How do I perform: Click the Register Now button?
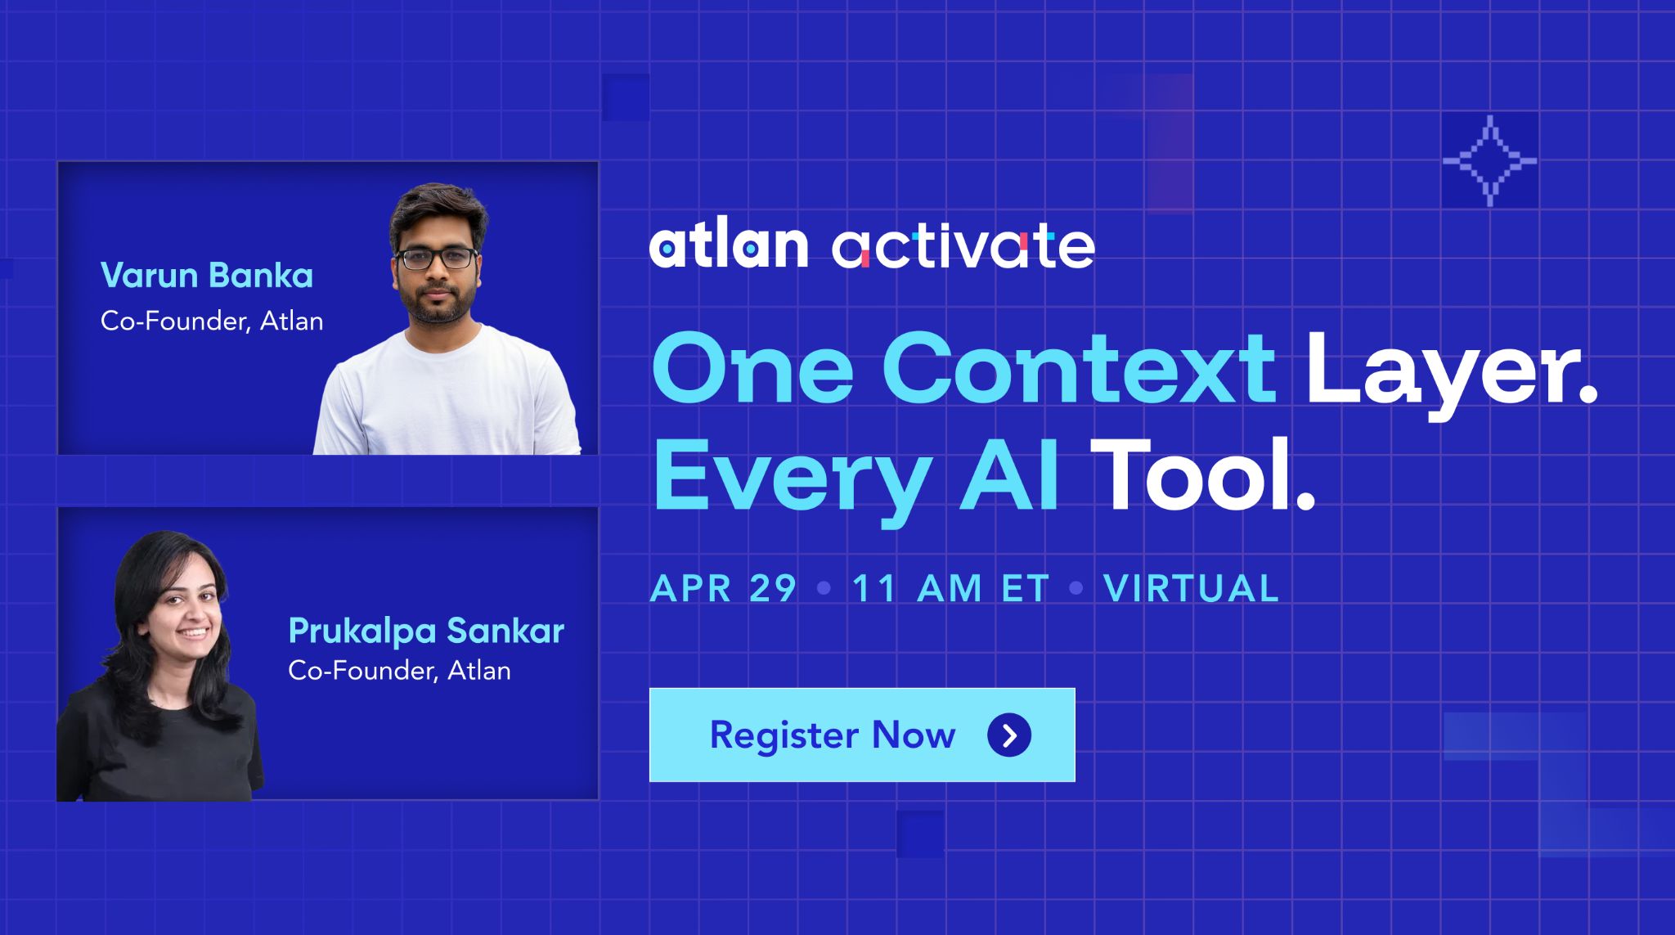coord(862,735)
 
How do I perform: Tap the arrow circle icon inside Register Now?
coord(1009,735)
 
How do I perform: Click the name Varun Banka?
coord(207,276)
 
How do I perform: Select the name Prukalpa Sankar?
coord(426,632)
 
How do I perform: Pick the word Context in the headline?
coord(1079,368)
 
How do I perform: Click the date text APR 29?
coord(724,588)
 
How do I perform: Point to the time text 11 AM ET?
coord(950,588)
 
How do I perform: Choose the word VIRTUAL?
coord(1192,588)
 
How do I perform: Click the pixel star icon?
coord(1490,161)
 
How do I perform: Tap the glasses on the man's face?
coord(437,258)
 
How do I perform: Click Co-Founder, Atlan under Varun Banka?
coord(212,321)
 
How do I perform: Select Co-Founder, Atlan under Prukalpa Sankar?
coord(399,671)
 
